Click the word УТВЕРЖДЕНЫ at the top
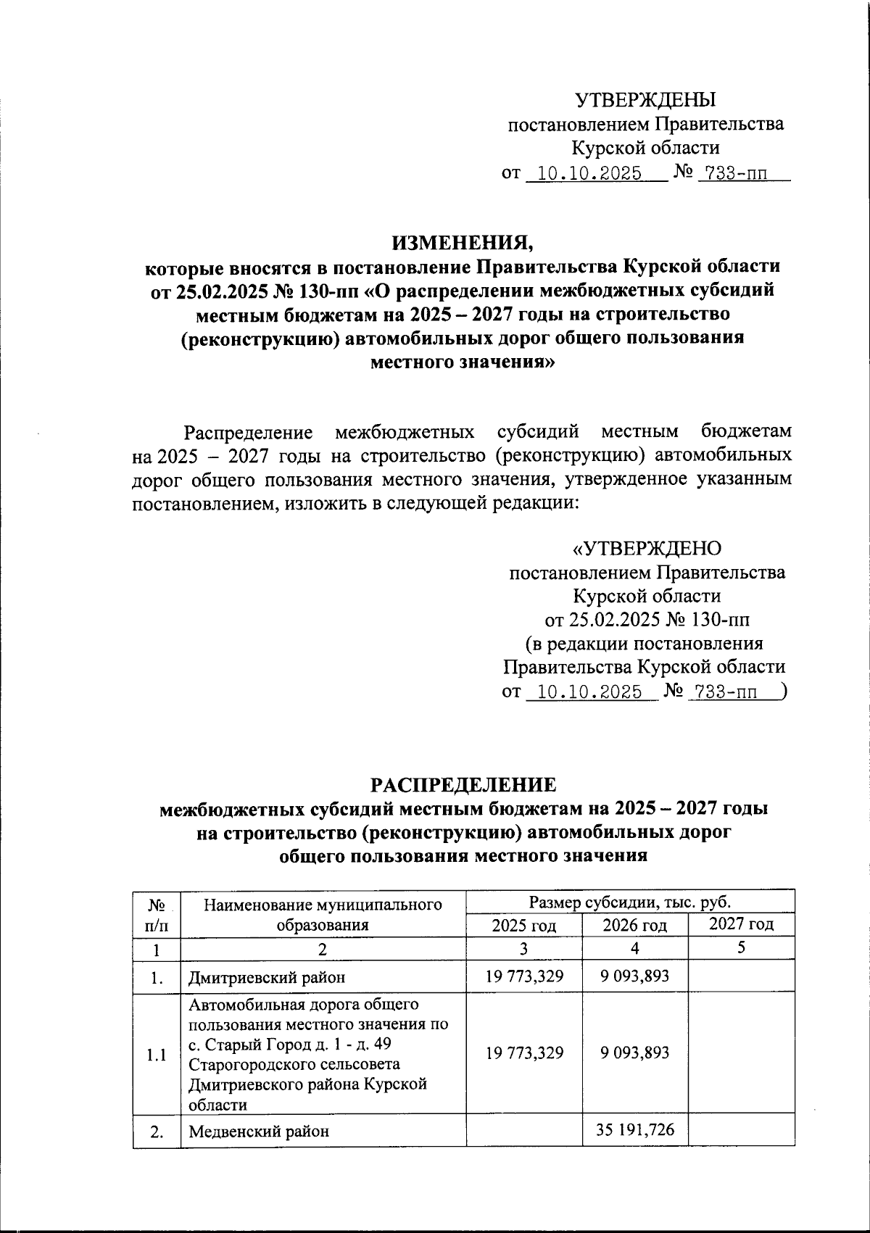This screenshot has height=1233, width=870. pos(645,99)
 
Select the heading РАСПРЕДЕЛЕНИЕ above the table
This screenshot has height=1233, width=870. pos(464,785)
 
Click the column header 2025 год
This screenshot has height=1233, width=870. pos(524,925)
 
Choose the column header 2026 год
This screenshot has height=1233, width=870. pos(634,925)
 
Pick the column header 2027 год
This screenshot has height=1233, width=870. pos(741,924)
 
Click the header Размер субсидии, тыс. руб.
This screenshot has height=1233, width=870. pos(630,902)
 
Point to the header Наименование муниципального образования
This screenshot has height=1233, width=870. pos(323,914)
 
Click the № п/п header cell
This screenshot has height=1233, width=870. pos(157,914)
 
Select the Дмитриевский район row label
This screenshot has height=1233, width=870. pos(266,977)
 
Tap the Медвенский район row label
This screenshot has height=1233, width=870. pos(258,1131)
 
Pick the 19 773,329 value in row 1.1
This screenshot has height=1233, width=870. pos(524,1053)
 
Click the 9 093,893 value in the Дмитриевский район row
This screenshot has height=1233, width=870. pos(634,976)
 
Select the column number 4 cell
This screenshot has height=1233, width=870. pos(634,949)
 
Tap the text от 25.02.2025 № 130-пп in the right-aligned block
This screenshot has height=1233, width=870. pos(647,620)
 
